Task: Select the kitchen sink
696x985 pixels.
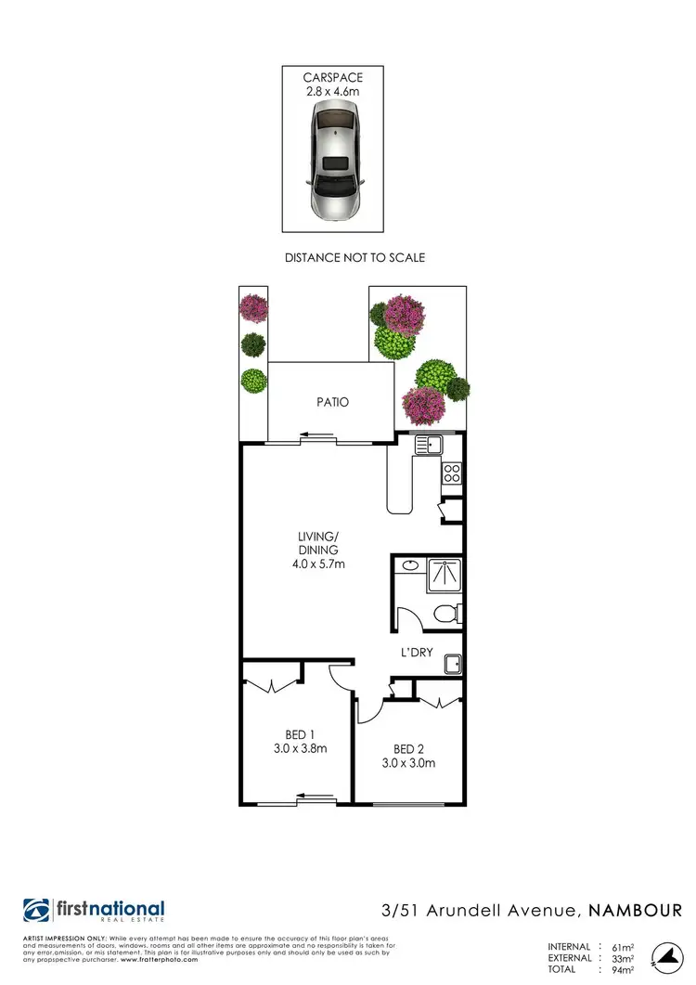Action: pyautogui.click(x=428, y=445)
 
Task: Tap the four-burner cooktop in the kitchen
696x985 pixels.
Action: pyautogui.click(x=452, y=473)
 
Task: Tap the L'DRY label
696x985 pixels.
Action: pyautogui.click(x=417, y=652)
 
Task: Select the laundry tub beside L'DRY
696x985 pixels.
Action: pyautogui.click(x=453, y=663)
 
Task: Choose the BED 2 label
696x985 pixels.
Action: pyautogui.click(x=409, y=749)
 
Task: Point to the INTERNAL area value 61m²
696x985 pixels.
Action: pyautogui.click(x=618, y=947)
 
